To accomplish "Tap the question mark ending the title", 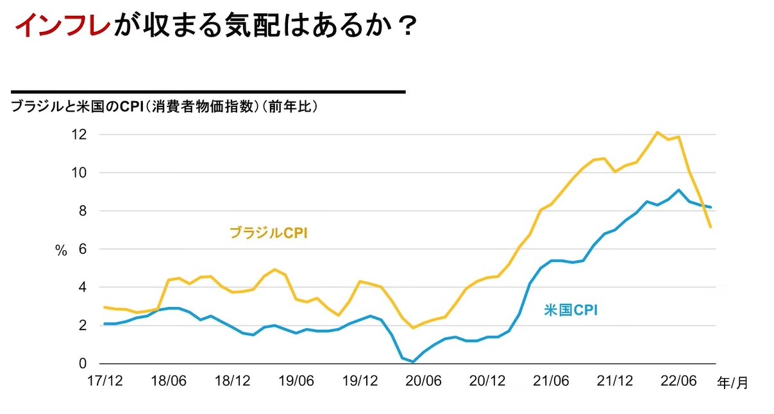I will click(403, 26).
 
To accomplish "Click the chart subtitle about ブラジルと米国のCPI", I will click(165, 107).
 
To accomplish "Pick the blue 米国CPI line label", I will click(571, 311).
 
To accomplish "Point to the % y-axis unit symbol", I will click(61, 251).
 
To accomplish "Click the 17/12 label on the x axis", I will click(105, 381).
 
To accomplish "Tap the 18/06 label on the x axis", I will click(168, 381).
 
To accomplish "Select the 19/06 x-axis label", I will click(296, 381).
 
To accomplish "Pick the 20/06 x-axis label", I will click(423, 381).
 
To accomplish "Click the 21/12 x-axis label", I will click(615, 381).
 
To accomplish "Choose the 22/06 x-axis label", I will click(678, 381).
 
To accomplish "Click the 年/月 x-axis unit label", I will click(732, 383).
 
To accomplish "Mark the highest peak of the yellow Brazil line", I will click(657, 132).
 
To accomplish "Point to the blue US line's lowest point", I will click(414, 361).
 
